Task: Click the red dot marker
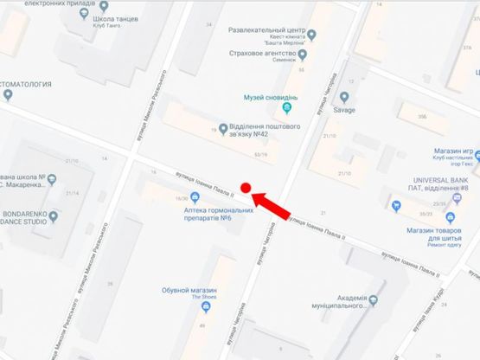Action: pyautogui.click(x=246, y=187)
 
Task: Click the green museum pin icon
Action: pyautogui.click(x=288, y=110)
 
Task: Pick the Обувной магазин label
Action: pyautogui.click(x=189, y=290)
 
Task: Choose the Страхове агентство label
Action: pyautogui.click(x=266, y=55)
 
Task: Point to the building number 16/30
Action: pyautogui.click(x=181, y=198)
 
